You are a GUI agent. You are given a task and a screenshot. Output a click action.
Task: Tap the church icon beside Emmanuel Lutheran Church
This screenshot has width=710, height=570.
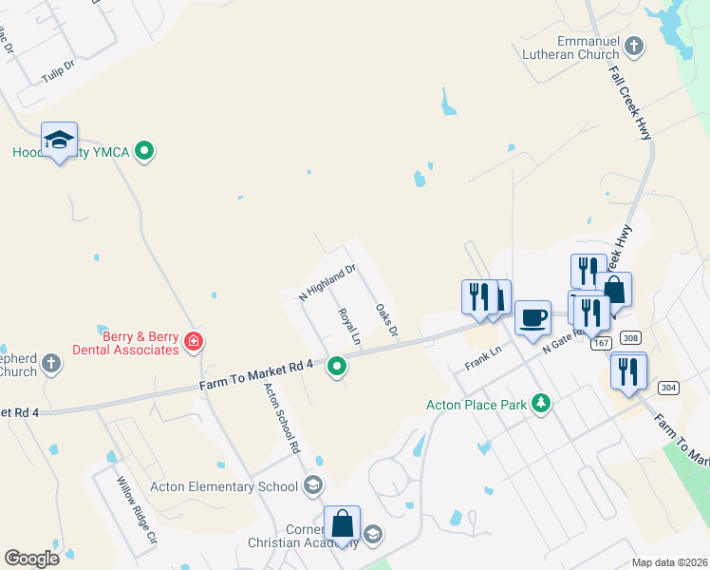click(x=634, y=46)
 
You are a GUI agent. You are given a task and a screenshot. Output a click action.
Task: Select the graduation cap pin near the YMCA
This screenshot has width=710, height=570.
click(x=59, y=140)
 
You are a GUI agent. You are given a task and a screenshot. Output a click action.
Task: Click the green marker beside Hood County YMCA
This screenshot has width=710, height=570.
click(x=144, y=150)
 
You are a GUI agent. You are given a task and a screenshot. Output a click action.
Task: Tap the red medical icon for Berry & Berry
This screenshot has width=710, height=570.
click(x=193, y=341)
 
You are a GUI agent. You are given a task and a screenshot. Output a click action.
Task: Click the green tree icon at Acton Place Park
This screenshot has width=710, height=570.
click(x=541, y=404)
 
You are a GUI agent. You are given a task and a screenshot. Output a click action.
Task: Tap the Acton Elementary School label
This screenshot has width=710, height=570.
click(x=224, y=487)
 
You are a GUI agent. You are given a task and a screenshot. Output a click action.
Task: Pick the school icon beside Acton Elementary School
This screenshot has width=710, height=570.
click(x=312, y=487)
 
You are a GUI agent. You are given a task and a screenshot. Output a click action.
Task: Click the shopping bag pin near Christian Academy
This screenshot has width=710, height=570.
click(x=342, y=523)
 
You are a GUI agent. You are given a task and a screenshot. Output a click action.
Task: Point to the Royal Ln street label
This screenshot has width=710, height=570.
click(x=349, y=326)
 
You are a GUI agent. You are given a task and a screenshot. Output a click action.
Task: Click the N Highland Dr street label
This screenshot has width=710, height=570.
click(x=327, y=282)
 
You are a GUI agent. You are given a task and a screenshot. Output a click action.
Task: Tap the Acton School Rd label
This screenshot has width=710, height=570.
click(x=282, y=417)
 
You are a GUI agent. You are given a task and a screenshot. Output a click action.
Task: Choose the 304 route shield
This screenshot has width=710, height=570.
click(x=668, y=388)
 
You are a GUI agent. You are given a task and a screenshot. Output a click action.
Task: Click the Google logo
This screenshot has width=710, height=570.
click(x=32, y=558)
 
